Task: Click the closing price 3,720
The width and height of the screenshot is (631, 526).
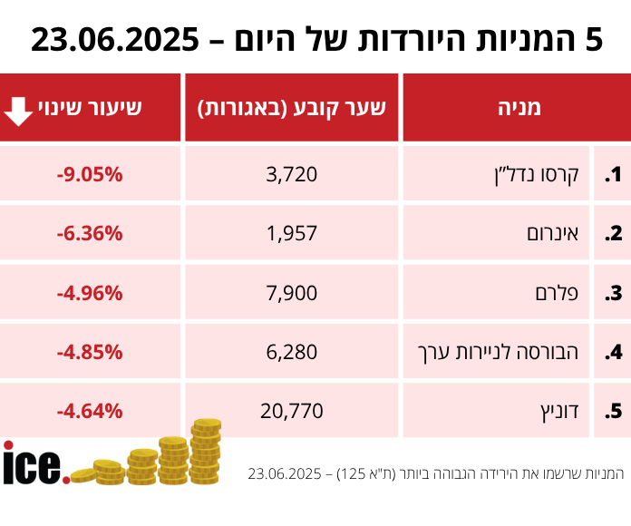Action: pos(293,174)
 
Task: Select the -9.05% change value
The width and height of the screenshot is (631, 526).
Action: pos(90,174)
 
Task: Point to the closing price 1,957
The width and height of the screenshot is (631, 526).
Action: pos(293,233)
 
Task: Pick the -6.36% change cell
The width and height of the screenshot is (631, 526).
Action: pos(90,233)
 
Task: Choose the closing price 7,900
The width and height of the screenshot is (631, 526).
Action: pos(293,292)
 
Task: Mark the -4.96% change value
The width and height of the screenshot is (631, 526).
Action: pos(90,292)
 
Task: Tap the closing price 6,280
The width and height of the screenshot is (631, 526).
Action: pos(293,351)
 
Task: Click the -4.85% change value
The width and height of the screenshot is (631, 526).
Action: pos(90,351)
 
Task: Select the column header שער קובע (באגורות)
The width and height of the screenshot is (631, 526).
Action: pos(292,108)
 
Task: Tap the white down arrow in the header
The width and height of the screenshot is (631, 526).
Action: pos(19,109)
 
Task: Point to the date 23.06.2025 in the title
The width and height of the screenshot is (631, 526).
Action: pos(115,39)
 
